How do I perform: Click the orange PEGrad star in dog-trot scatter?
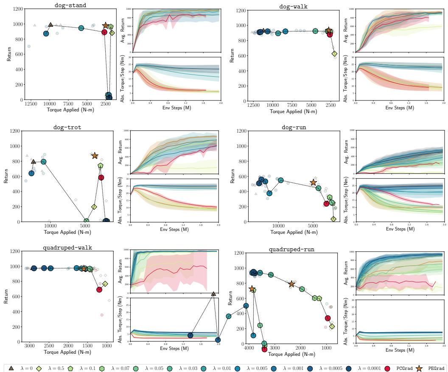95,156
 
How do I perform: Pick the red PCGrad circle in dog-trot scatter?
101,178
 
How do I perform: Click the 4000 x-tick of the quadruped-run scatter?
249,348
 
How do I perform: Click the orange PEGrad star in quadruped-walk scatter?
84,269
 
